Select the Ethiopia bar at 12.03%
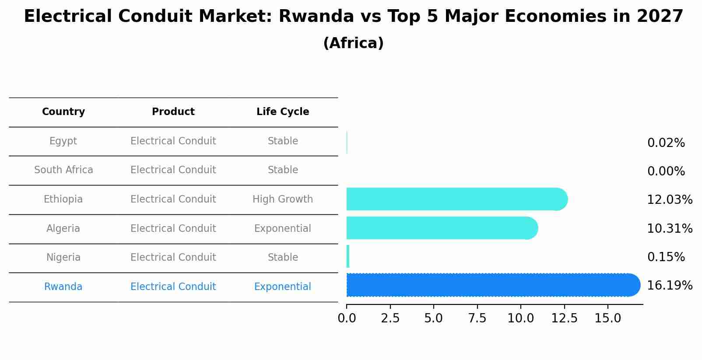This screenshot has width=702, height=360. tap(455, 199)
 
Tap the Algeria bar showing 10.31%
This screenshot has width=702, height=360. tap(440, 228)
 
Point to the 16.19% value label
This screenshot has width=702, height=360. tap(670, 286)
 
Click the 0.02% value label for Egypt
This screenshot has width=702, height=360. tap(666, 143)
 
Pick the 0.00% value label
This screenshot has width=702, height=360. tap(666, 171)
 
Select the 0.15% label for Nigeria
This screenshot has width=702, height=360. tap(666, 257)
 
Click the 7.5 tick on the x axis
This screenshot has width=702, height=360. tap(477, 318)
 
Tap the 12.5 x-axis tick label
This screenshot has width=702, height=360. tap(564, 318)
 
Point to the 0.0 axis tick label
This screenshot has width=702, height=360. tap(347, 318)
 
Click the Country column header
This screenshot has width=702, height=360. tap(63, 112)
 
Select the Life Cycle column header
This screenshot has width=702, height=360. tap(283, 112)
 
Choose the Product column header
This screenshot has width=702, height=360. tap(173, 112)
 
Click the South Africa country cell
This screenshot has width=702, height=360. tap(63, 170)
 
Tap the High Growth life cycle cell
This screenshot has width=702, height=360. tap(283, 199)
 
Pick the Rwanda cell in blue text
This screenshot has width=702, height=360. tap(63, 287)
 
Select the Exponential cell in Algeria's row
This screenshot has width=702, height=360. tap(283, 229)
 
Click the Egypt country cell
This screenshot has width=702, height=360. tap(63, 141)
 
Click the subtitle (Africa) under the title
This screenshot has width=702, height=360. tap(353, 43)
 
